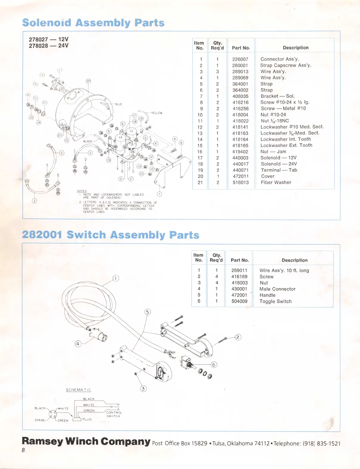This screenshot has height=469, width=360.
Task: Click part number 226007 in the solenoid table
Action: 240,59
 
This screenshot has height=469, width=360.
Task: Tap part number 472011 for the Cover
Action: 240,176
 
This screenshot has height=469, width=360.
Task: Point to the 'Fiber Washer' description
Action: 276,182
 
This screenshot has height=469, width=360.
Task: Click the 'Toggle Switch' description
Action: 275,301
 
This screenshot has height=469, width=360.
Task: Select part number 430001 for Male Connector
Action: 239,289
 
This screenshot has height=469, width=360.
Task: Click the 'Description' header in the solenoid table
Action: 295,48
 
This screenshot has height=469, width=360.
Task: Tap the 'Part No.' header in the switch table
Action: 240,260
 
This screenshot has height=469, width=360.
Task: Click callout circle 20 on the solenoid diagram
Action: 88,81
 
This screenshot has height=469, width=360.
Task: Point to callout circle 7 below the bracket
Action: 159,194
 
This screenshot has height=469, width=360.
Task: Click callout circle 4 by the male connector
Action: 78,344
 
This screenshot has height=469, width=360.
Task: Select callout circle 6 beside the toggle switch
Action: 214,365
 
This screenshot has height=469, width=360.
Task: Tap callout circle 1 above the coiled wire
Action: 116,278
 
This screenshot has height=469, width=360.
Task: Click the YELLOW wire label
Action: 156,113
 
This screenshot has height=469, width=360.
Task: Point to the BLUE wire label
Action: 118,104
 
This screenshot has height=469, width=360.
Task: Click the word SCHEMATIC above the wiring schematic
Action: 79,390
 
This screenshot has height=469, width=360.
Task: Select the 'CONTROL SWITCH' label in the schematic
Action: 114,414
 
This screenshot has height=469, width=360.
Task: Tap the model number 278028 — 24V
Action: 48,46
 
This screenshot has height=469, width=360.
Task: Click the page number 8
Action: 23,450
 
